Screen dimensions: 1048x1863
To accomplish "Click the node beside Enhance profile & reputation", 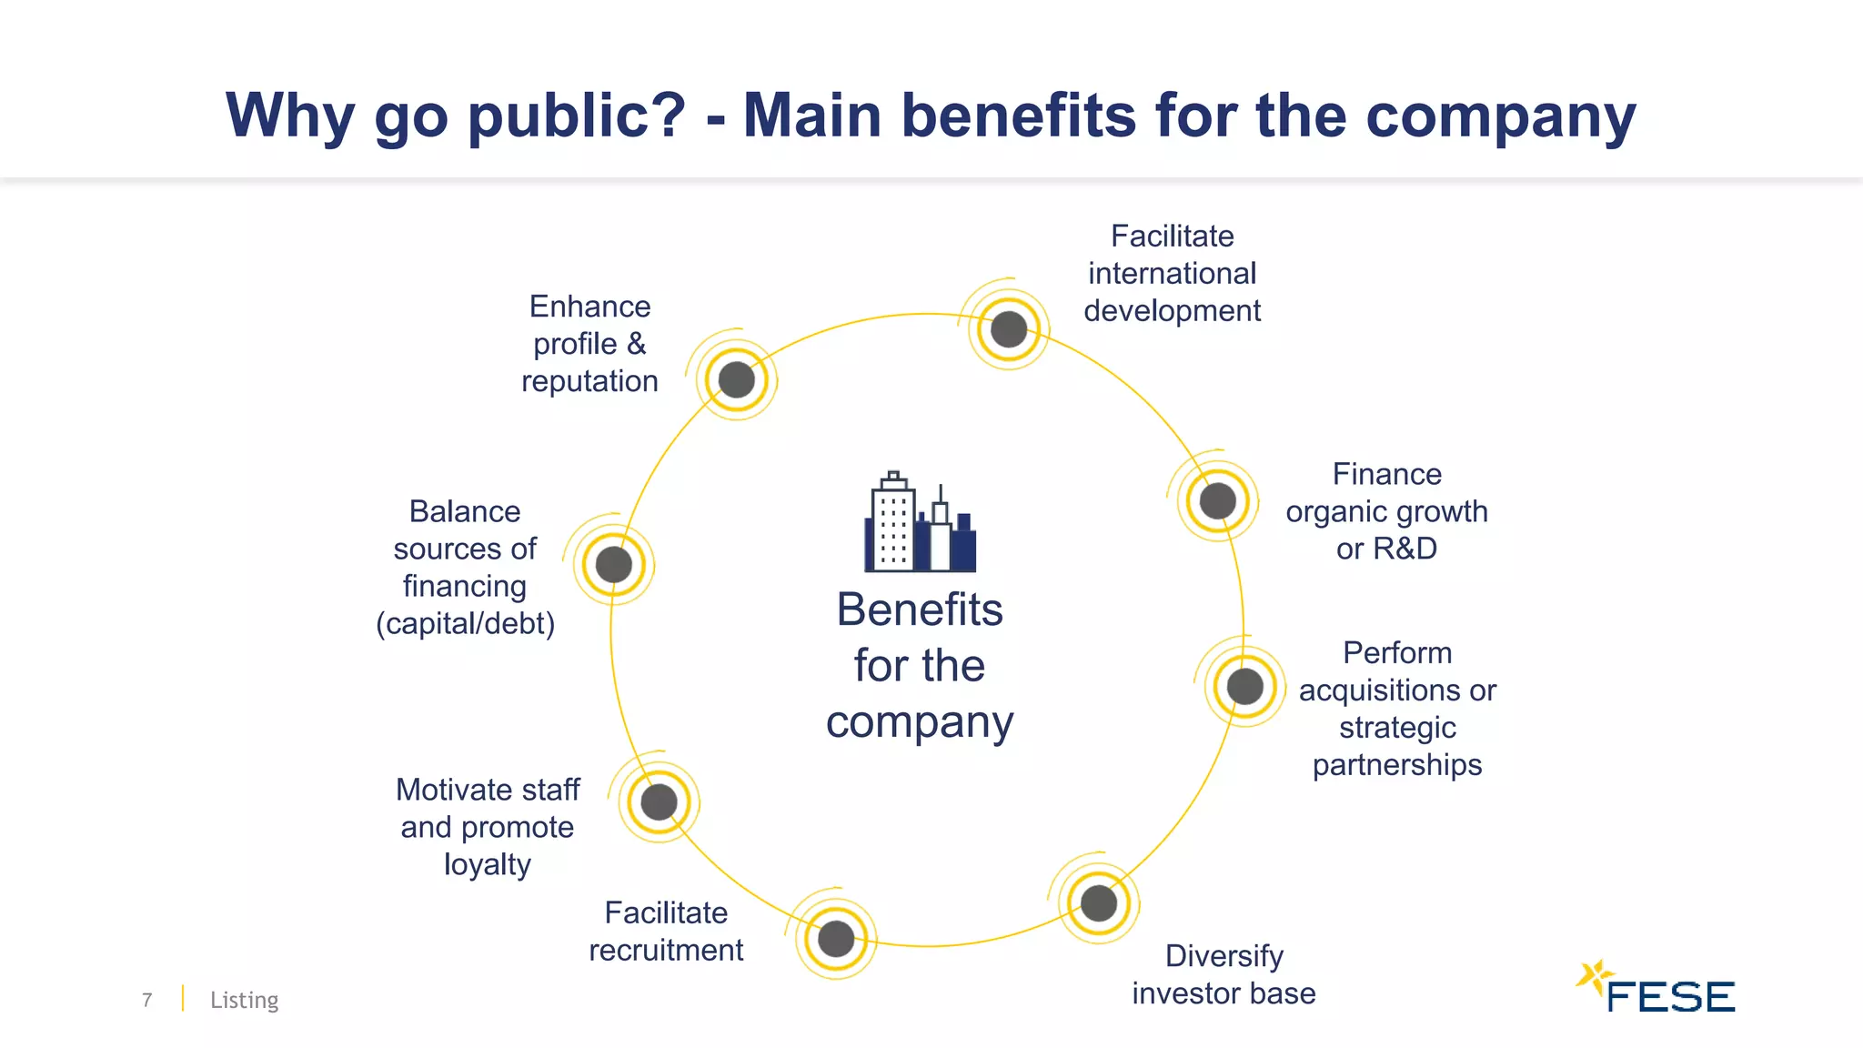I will (x=736, y=379).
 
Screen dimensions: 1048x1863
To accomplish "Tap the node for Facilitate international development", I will (x=1008, y=328).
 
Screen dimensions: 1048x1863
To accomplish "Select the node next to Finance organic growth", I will (x=1217, y=500).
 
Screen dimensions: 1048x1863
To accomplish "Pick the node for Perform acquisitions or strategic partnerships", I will (x=1244, y=686).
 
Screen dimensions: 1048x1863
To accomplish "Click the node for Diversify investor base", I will (x=1098, y=902).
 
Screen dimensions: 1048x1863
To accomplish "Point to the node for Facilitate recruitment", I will (x=836, y=938).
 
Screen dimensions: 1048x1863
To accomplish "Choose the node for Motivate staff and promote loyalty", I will (x=659, y=801).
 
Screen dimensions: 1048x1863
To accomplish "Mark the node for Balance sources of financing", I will (x=614, y=564).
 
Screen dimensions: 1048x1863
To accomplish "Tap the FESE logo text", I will (x=1670, y=997).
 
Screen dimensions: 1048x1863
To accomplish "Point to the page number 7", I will (x=147, y=1000).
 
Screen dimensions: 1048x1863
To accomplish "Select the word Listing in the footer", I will (x=244, y=1000).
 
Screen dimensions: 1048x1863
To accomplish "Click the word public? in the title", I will (x=576, y=116).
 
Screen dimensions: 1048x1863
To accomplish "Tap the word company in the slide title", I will (x=1500, y=116).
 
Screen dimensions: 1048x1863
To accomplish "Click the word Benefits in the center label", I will (x=920, y=610).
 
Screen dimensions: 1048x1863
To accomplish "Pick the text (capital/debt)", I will (x=465, y=624).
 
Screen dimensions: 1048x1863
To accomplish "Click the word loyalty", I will (x=488, y=864).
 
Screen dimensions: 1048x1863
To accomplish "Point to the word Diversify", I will (x=1224, y=956).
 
